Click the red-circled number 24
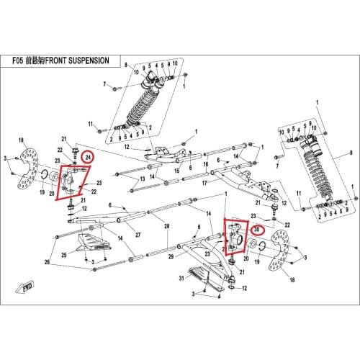click(87, 158)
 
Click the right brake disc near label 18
click(283, 264)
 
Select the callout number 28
click(166, 228)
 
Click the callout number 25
click(64, 255)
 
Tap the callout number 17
click(205, 184)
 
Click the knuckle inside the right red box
click(237, 237)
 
